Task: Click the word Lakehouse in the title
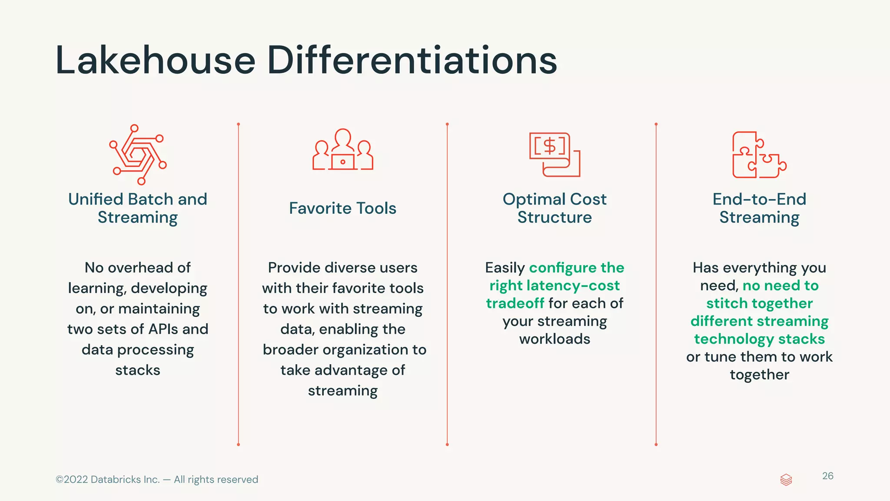point(155,60)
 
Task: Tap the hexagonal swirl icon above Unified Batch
point(138,154)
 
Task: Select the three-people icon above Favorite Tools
point(343,150)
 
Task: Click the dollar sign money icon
point(555,154)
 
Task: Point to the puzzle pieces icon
point(759,155)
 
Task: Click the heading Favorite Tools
point(342,208)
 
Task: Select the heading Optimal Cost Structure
point(555,208)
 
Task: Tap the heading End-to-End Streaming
point(759,208)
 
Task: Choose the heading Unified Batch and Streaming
point(138,208)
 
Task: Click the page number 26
point(827,476)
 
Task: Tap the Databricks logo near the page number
point(786,480)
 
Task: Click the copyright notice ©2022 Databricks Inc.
point(156,479)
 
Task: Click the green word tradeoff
point(515,303)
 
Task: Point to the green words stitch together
point(759,303)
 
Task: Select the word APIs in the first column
point(163,329)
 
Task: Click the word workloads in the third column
point(555,339)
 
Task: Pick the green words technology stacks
point(759,339)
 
